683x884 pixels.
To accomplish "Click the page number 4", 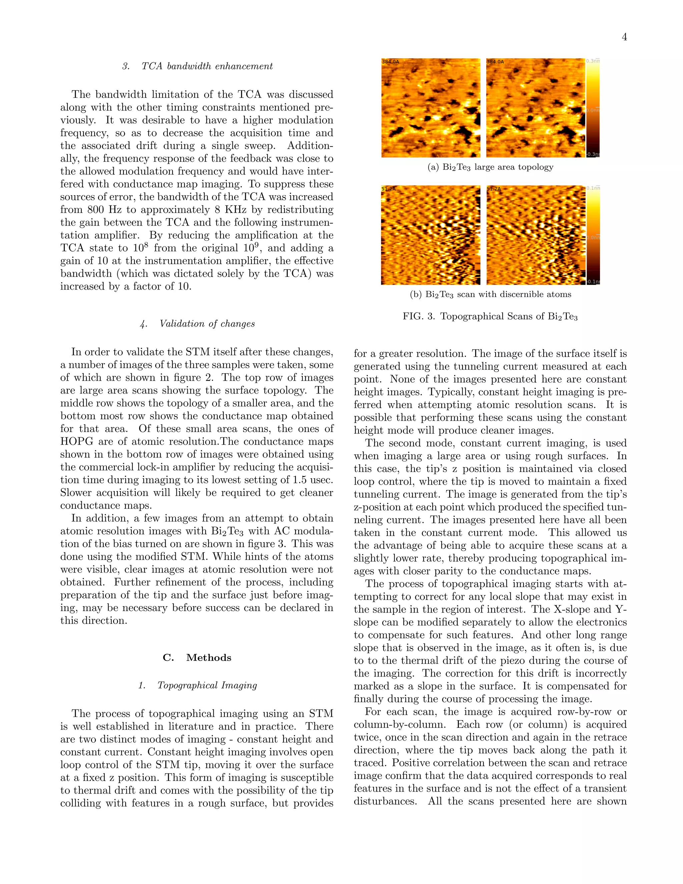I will [x=624, y=37].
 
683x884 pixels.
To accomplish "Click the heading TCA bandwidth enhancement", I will [x=197, y=66].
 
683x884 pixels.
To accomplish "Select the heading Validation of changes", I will [x=197, y=324].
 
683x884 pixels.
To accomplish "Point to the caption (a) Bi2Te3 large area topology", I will [x=490, y=167].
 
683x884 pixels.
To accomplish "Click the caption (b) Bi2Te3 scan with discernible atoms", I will [x=490, y=295].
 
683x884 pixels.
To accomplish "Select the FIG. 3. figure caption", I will [x=490, y=317].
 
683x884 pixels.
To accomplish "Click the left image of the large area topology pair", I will [x=431, y=108].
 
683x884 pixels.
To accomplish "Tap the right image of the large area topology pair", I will [x=535, y=108].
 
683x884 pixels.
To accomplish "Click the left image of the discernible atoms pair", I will [x=431, y=235].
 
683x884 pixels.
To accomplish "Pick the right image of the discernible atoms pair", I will [x=535, y=235].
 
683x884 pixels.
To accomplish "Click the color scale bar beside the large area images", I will [x=592, y=108].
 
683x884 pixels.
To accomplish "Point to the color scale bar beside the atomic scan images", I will [x=592, y=235].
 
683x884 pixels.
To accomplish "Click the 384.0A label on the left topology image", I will [x=391, y=62].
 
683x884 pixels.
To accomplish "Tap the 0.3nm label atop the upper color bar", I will [x=593, y=61].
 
